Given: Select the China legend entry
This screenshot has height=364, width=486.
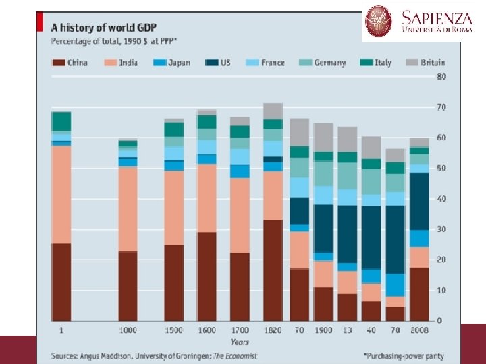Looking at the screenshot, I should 70,63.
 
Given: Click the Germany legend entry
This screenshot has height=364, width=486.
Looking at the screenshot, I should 322,63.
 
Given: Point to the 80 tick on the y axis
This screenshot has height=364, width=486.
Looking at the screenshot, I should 441,77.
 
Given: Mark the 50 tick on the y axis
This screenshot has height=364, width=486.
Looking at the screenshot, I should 441,169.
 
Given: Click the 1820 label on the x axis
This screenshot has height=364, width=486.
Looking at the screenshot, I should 273,330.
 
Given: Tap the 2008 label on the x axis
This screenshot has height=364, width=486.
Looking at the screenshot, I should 419,330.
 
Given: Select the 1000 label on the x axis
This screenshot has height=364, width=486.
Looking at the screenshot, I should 128,330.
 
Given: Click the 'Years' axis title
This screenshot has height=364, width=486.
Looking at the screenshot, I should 240,342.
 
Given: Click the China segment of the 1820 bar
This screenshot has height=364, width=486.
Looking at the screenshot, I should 273,270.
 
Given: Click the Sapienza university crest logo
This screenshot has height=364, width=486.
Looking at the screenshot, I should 379,22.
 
